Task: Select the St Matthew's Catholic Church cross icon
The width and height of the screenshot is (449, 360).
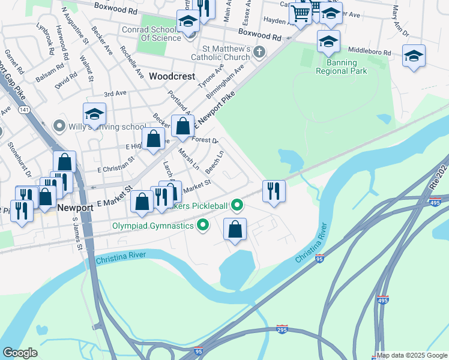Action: click(x=259, y=52)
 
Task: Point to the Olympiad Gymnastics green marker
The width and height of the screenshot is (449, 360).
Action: click(x=203, y=226)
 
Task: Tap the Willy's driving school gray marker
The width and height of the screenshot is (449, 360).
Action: click(x=59, y=126)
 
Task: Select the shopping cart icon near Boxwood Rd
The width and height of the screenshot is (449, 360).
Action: click(x=300, y=13)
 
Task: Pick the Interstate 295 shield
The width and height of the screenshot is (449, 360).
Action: click(x=282, y=329)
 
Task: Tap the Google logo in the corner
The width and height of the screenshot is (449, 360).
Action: click(x=20, y=353)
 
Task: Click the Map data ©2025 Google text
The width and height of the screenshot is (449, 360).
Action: click(x=412, y=355)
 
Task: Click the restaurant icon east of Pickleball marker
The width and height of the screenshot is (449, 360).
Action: click(x=273, y=191)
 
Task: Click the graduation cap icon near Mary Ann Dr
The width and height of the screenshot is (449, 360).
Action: click(x=414, y=56)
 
